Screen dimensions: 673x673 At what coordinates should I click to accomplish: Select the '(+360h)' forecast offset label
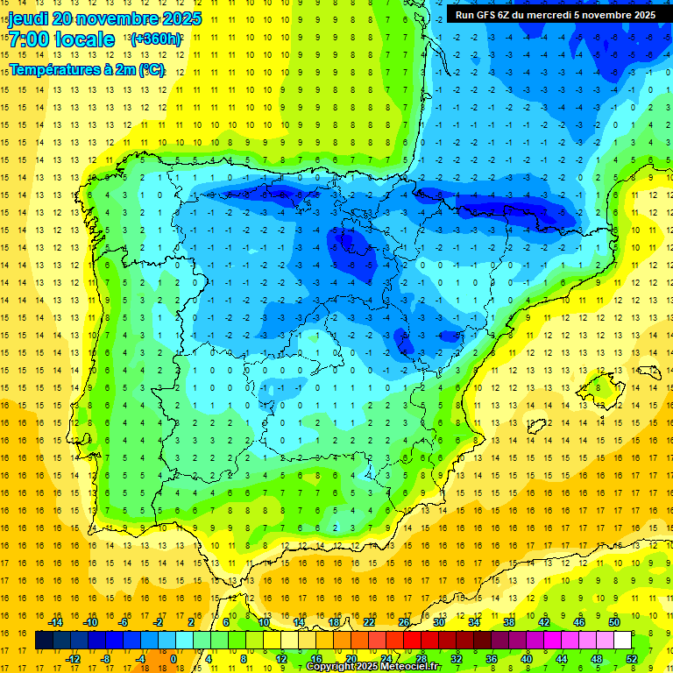click(x=157, y=39)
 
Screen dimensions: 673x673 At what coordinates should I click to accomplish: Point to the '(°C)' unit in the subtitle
click(x=152, y=70)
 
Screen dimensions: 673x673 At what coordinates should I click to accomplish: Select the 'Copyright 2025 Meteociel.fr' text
click(x=373, y=667)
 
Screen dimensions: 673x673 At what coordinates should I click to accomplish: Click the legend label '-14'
click(x=56, y=622)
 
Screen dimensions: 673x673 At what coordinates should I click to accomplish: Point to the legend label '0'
click(x=174, y=658)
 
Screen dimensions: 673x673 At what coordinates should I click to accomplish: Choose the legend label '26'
click(x=403, y=622)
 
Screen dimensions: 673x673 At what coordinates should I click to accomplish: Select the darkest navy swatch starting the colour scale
click(x=44, y=641)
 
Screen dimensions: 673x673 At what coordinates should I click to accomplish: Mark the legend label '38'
click(x=508, y=622)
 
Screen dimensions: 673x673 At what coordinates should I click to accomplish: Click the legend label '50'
click(x=613, y=622)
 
